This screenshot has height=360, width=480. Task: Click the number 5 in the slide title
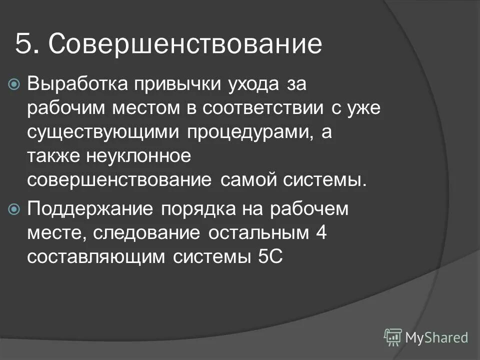pyautogui.click(x=23, y=44)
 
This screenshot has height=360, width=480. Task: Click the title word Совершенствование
pyautogui.click(x=185, y=44)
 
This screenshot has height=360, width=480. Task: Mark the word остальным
pyautogui.click(x=256, y=232)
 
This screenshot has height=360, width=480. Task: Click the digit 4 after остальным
pyautogui.click(x=321, y=232)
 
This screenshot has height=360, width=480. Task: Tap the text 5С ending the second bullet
pyautogui.click(x=272, y=256)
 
